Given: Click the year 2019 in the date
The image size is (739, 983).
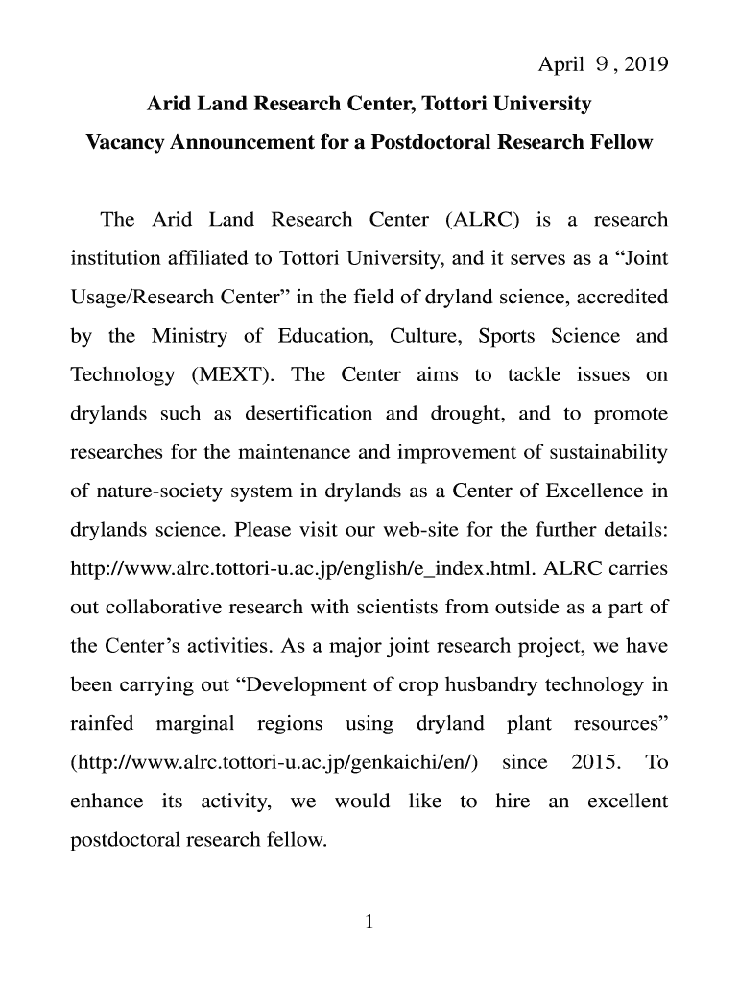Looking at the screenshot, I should click(642, 65).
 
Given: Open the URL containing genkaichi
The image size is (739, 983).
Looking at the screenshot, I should click(275, 763).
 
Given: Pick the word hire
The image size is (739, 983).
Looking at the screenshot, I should click(513, 802).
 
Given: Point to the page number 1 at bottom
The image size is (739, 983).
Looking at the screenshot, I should click(369, 923).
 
